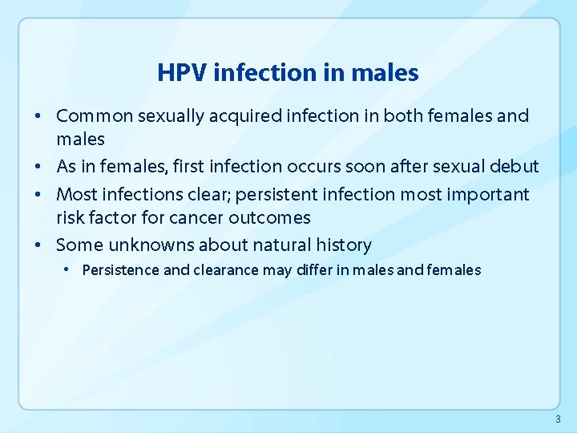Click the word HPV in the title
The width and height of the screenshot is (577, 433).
pos(183,73)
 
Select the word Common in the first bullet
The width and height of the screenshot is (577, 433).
pos(95,116)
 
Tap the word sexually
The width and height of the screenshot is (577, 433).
pos(171,116)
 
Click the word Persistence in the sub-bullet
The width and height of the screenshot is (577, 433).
pos(120,270)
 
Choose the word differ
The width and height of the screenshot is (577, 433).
pos(314,270)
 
